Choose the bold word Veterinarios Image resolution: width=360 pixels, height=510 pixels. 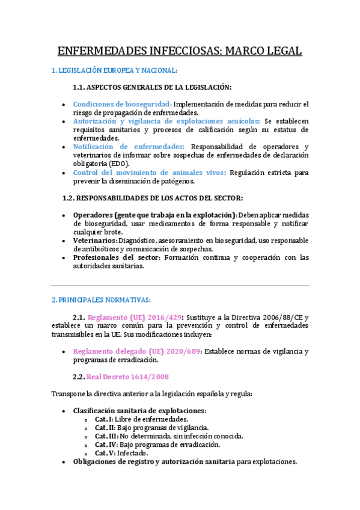tap(94, 240)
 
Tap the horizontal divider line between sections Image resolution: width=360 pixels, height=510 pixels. tap(180, 285)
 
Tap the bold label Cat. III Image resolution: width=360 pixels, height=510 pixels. tap(106, 436)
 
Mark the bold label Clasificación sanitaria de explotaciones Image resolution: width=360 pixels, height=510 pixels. tap(139, 410)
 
